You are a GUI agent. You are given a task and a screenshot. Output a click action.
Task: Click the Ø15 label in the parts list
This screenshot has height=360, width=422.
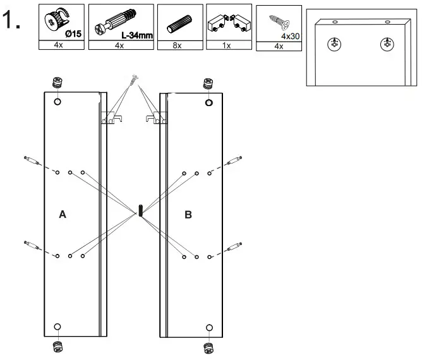pyautogui.click(x=72, y=33)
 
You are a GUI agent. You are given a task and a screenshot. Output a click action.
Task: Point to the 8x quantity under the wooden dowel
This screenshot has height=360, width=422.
pyautogui.click(x=178, y=45)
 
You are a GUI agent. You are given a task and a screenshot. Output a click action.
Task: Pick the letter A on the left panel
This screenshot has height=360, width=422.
pyautogui.click(x=62, y=215)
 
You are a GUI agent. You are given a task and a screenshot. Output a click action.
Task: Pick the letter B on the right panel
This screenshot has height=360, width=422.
pyautogui.click(x=188, y=215)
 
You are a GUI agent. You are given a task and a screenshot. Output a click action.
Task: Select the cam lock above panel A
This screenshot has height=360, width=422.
pyautogui.click(x=56, y=82)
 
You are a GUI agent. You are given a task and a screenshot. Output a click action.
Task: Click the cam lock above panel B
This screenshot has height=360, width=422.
pyautogui.click(x=208, y=82)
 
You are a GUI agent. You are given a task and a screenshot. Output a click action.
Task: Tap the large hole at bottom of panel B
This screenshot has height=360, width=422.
pyautogui.click(x=209, y=327)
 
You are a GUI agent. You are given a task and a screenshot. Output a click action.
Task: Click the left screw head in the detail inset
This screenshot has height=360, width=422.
pyautogui.click(x=334, y=44)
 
